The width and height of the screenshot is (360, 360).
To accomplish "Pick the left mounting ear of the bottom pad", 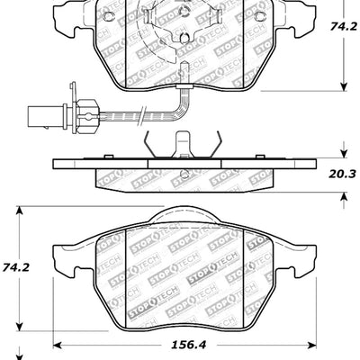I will tap(64, 260).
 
